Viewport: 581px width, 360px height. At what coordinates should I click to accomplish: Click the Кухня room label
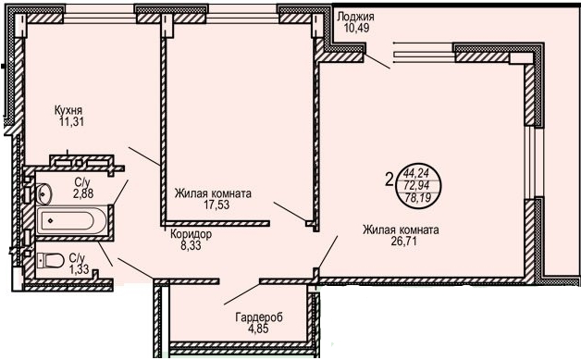(68, 110)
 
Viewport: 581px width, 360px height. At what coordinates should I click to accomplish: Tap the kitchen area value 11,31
(71, 121)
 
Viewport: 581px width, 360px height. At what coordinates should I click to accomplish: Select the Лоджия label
(355, 17)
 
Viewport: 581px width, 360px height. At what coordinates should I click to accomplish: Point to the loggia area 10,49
(357, 28)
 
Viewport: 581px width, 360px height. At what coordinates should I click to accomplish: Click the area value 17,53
(216, 205)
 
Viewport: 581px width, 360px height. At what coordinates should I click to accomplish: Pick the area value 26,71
(404, 242)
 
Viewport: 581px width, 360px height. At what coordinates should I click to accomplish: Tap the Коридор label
(192, 234)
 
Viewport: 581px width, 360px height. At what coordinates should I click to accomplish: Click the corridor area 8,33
(192, 245)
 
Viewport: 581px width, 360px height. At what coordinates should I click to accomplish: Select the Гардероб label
(259, 317)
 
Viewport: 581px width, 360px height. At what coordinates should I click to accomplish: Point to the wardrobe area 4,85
(258, 329)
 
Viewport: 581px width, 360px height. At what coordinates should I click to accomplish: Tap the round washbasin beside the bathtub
(44, 193)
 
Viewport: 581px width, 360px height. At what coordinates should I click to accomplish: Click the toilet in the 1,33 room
(52, 260)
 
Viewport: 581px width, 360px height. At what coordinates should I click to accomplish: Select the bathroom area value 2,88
(83, 193)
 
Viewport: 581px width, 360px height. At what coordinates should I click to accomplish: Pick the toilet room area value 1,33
(79, 269)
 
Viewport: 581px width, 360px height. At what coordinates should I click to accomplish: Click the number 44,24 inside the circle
(416, 173)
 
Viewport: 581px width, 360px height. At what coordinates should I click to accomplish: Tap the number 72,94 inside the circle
(416, 185)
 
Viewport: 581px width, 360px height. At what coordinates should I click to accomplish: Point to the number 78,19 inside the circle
(417, 198)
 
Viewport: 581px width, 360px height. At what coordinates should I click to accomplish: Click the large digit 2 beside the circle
(389, 180)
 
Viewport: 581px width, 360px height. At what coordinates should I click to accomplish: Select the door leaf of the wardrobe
(241, 294)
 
